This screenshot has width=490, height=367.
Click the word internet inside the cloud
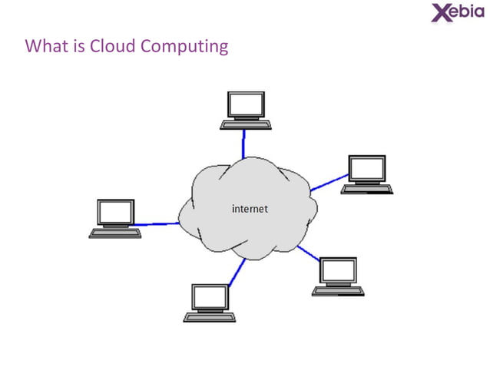pos(250,208)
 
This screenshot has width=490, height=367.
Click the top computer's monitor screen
pos(246,104)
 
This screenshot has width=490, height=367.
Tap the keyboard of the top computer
pos(245,124)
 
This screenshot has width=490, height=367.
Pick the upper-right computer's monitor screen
pos(367,168)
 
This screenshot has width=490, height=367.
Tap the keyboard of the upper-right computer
pos(367,188)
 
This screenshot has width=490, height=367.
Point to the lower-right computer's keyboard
pos(338,291)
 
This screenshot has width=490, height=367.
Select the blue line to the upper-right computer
pos(329,183)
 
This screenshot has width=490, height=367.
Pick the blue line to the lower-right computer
pos(308,254)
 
